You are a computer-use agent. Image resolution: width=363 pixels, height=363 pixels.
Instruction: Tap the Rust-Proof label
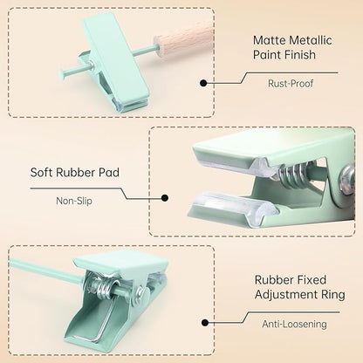(x=291, y=84)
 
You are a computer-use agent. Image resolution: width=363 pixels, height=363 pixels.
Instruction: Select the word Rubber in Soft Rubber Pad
(x=76, y=173)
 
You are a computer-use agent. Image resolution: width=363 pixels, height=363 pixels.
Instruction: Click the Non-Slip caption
(x=74, y=201)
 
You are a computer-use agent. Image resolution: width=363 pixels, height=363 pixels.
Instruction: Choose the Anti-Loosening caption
(x=294, y=324)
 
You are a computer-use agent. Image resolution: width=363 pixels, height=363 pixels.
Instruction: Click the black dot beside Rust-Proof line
(x=203, y=83)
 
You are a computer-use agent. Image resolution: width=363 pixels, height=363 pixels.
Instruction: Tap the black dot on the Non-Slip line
(x=165, y=198)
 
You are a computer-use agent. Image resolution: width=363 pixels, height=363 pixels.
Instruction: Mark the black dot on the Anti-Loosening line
(x=205, y=323)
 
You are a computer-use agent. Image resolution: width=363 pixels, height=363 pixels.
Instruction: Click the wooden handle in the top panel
(x=185, y=38)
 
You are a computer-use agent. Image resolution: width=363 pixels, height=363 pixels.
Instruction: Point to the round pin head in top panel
(x=62, y=72)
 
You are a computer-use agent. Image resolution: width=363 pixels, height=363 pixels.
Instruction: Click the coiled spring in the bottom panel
(x=103, y=285)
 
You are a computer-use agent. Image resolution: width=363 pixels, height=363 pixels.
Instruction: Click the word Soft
(x=41, y=173)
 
